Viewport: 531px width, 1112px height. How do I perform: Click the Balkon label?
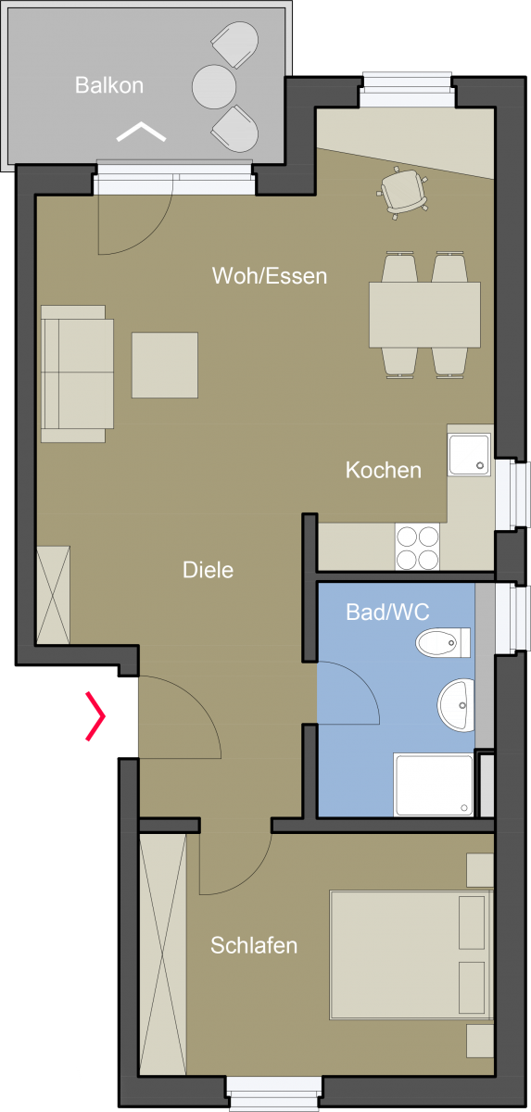109,85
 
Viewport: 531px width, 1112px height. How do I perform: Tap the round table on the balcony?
214,86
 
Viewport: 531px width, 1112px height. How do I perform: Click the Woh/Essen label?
270,276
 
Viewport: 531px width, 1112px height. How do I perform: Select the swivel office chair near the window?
402,193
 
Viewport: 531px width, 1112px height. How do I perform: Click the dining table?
424,315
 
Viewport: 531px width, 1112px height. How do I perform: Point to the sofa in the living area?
77,373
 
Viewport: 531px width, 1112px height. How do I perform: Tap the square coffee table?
165,365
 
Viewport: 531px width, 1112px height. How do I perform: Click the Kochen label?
383,470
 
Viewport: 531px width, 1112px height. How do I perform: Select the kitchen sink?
469,455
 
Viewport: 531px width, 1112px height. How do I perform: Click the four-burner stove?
417,547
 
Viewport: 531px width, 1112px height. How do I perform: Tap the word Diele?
208,570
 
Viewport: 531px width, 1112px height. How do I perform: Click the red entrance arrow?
95,715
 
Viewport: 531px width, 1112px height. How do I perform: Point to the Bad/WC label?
387,613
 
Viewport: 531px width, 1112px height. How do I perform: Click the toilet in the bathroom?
443,642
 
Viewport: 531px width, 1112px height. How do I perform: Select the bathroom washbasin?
456,705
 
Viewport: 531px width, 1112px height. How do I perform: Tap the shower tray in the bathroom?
434,785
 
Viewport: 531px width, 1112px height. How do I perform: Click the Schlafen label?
254,945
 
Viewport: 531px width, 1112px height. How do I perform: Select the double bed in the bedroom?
411,955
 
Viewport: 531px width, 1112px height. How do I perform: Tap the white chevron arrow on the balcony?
141,131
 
